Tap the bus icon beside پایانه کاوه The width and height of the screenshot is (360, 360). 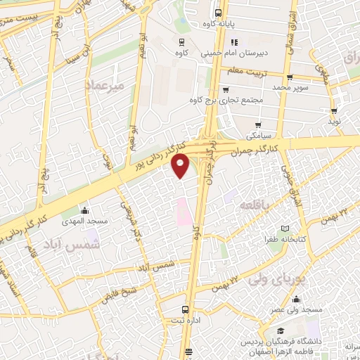(x=218, y=13)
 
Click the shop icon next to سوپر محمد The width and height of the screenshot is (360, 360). (x=290, y=77)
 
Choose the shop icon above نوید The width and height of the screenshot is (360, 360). (x=333, y=110)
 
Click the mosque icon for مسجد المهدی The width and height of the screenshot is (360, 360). (x=84, y=210)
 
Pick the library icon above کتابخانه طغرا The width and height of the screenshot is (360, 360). (x=285, y=229)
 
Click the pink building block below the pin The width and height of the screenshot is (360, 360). (x=182, y=211)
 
